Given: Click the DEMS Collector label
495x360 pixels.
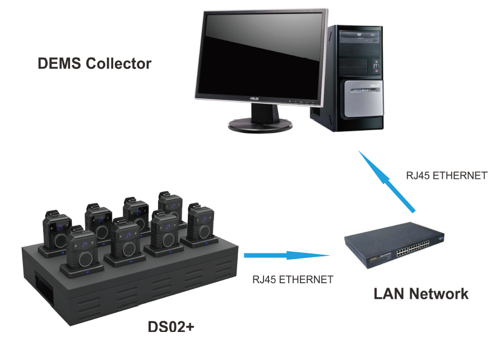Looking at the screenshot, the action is coord(94,63).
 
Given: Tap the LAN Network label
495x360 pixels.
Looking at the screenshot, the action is coord(421,294).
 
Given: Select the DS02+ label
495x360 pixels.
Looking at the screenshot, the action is coord(171,326).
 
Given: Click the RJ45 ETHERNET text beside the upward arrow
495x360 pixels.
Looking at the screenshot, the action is coord(446,176).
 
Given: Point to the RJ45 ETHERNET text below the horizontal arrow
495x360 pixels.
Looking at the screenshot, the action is coord(293,279).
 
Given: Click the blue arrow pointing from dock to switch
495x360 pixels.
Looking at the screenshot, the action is coord(287,255).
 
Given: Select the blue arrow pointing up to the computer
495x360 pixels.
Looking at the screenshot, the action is coord(386,181).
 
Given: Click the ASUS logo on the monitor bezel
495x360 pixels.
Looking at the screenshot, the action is coord(254,99).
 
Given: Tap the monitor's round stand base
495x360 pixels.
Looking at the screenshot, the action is coord(260,125).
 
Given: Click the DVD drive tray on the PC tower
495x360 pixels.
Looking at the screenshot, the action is coord(359,34).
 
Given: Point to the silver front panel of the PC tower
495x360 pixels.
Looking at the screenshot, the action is coord(364,99).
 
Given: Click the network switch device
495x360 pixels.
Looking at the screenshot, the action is coord(394,245).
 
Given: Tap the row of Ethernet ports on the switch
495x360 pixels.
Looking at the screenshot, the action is coord(413,248).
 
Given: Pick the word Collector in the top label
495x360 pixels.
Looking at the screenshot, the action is coord(119,63).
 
